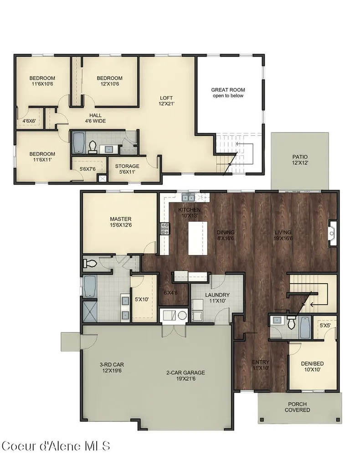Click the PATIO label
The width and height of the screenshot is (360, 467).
coord(300,160)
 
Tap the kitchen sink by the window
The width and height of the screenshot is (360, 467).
coord(188,197)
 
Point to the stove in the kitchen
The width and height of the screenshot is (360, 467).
coord(165,229)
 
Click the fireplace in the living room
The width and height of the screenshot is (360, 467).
coord(333,233)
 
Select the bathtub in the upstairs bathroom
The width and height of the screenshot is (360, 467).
coord(78,143)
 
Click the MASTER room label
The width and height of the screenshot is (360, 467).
coord(120,222)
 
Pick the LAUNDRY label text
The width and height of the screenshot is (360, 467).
coord(217,295)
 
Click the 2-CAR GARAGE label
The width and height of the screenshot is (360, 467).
coord(185,376)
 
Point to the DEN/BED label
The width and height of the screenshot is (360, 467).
coord(313,367)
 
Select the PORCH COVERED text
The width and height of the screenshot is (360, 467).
coord(297,407)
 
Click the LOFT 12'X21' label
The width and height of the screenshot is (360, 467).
coord(166,101)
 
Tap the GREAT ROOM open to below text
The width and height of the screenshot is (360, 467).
coord(228,93)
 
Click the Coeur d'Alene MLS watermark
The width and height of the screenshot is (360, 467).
coord(56,446)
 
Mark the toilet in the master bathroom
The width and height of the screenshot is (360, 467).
coord(90,263)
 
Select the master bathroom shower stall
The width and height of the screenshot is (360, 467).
coord(90,311)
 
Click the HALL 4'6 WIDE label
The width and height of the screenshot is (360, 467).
coord(95,118)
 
